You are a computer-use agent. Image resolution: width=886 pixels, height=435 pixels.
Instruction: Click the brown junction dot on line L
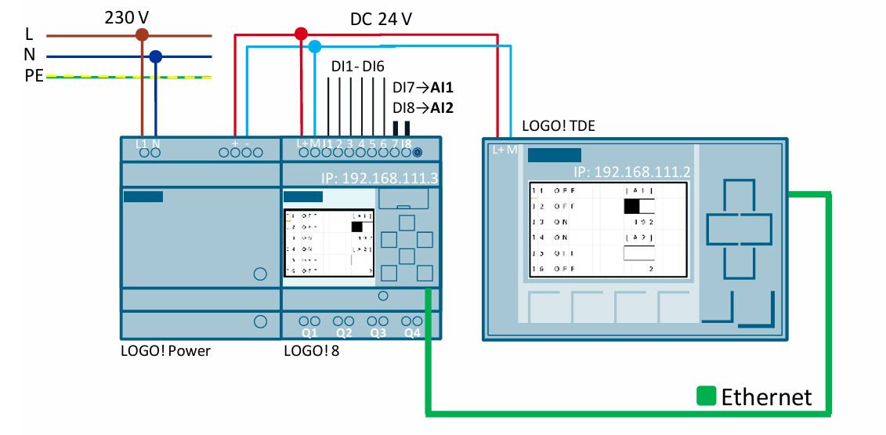[x=142, y=34]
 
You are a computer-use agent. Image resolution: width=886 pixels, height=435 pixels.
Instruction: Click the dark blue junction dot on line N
[x=155, y=56]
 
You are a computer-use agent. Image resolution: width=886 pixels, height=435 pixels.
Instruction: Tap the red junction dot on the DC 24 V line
[x=301, y=34]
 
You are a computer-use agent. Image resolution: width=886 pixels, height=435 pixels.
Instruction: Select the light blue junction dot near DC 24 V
[x=314, y=46]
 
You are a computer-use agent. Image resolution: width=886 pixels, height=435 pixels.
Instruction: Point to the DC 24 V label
[x=381, y=19]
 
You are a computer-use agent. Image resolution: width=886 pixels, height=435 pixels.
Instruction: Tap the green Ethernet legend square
[x=707, y=396]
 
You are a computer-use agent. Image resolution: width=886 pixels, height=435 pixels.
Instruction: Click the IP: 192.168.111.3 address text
[x=379, y=178]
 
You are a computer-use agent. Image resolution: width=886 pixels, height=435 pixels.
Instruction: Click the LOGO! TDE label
[x=559, y=126]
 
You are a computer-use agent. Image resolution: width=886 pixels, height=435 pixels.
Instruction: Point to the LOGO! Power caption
[x=165, y=350]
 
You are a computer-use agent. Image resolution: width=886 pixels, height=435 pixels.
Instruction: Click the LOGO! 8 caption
[x=312, y=350]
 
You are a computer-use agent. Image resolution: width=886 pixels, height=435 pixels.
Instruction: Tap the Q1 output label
[x=309, y=333]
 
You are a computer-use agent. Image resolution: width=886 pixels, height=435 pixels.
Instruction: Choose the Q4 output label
[x=412, y=333]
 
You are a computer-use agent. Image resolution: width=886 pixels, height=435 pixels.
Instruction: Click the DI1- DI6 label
[x=357, y=67]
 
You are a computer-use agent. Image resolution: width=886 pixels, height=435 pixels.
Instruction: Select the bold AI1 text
[x=439, y=89]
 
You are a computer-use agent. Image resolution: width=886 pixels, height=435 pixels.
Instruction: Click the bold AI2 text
[x=439, y=108]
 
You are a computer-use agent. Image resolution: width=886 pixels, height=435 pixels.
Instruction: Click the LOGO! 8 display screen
[x=329, y=242]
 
